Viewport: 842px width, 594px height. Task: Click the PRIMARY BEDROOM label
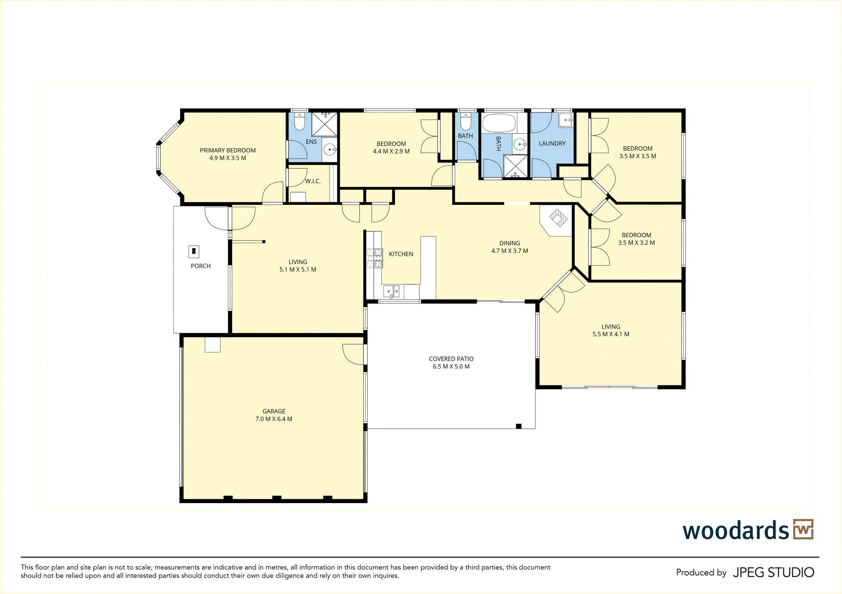click(x=228, y=150)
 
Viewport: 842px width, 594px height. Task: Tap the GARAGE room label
click(x=274, y=411)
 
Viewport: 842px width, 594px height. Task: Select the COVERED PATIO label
click(x=451, y=359)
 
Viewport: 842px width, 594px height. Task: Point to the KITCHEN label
click(x=401, y=254)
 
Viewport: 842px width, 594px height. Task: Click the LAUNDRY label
click(x=552, y=143)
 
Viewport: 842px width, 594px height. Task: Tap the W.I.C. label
click(x=313, y=181)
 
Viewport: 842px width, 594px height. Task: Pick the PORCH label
click(x=200, y=266)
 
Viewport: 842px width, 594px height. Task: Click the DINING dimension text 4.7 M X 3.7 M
click(x=509, y=251)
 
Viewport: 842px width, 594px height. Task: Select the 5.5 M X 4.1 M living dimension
click(x=611, y=334)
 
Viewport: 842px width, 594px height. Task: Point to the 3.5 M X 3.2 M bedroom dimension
click(x=637, y=243)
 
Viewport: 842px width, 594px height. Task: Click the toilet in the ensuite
click(x=299, y=121)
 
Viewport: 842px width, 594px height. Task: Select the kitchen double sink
click(x=392, y=291)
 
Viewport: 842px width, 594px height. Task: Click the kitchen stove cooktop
click(x=374, y=258)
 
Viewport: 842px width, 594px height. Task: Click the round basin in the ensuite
click(x=330, y=149)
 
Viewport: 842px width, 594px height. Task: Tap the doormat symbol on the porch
click(x=193, y=252)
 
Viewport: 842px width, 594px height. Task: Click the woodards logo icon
click(x=803, y=529)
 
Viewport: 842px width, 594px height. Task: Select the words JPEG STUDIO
click(x=773, y=573)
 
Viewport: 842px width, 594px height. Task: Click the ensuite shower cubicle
click(x=324, y=124)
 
